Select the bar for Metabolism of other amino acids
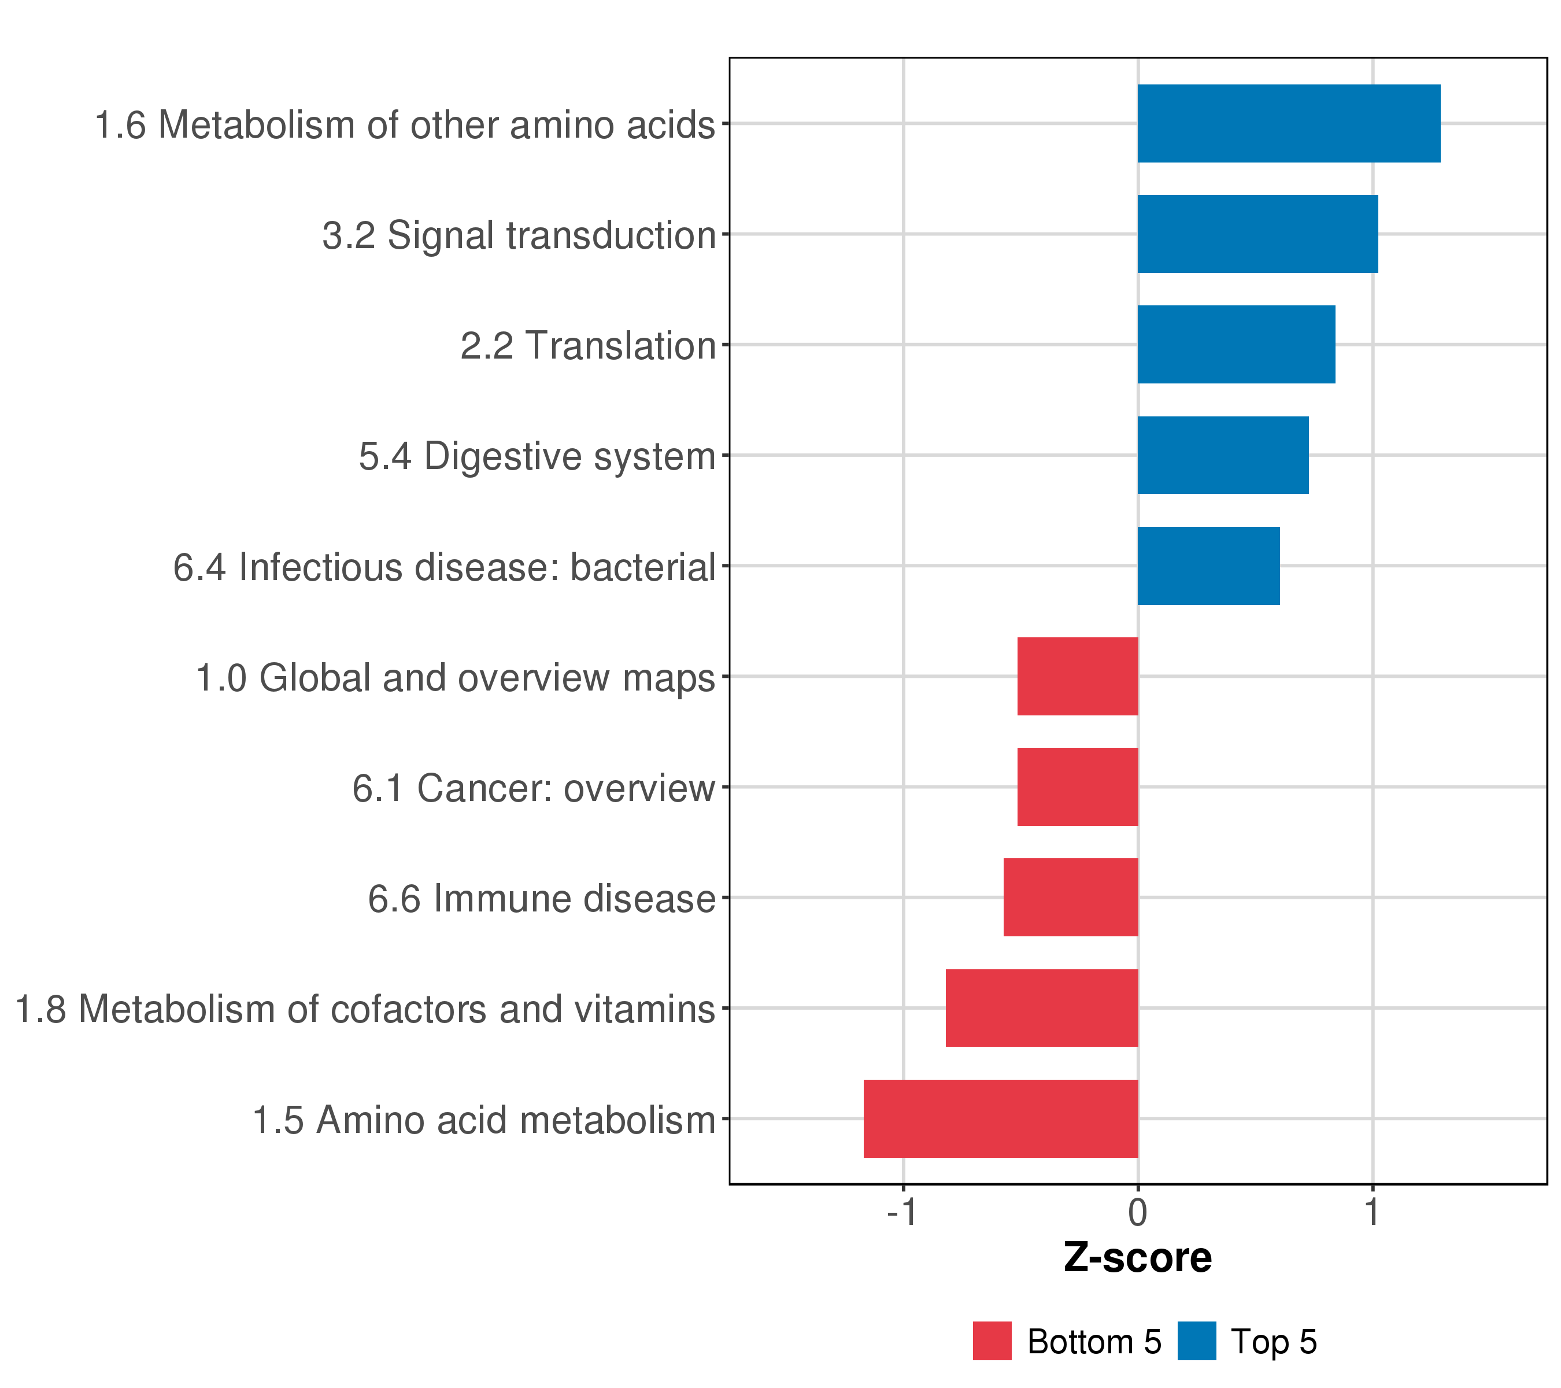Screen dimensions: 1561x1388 [1289, 124]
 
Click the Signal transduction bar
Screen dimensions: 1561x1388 [1258, 234]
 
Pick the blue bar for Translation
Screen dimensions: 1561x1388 [1237, 345]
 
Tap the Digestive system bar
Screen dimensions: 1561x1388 [1223, 455]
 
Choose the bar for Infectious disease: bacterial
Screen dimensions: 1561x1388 [1209, 566]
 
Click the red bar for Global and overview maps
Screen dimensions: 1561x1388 [1078, 676]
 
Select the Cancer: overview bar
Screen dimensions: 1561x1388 [1078, 787]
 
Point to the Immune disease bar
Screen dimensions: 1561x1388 [1071, 898]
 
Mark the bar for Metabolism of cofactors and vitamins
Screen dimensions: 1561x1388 [1042, 1009]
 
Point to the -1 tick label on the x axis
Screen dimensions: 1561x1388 [901, 1212]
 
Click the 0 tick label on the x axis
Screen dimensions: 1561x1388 [1138, 1212]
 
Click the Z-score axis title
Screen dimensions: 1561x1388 [1138, 1258]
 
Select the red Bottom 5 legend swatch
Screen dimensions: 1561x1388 [992, 1341]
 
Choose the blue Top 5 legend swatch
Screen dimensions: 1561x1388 [1197, 1341]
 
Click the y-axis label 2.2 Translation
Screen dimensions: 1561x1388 [588, 346]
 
